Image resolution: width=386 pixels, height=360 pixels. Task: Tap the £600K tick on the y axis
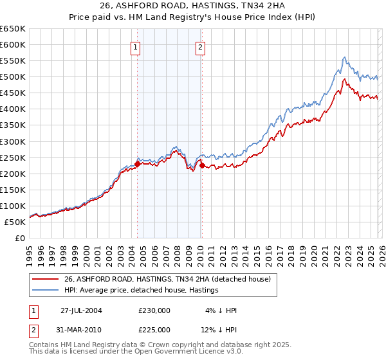[x=12, y=44]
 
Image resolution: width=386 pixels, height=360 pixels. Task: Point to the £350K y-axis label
[x=12, y=125]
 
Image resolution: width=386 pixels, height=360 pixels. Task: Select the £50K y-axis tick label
[x=15, y=222]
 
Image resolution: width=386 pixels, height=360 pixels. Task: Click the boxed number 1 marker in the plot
[x=136, y=47]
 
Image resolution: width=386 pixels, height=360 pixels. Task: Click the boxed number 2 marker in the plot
[x=201, y=47]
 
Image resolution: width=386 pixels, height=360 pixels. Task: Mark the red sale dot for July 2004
[x=138, y=163]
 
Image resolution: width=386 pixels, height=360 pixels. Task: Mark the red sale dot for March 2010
[x=202, y=165]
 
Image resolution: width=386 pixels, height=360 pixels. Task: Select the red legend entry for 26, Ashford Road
[x=167, y=279]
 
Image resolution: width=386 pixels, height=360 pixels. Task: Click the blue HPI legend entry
[x=142, y=291]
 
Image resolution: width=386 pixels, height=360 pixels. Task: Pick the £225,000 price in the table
[x=154, y=330]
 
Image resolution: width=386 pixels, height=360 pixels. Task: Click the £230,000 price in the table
[x=154, y=310]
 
